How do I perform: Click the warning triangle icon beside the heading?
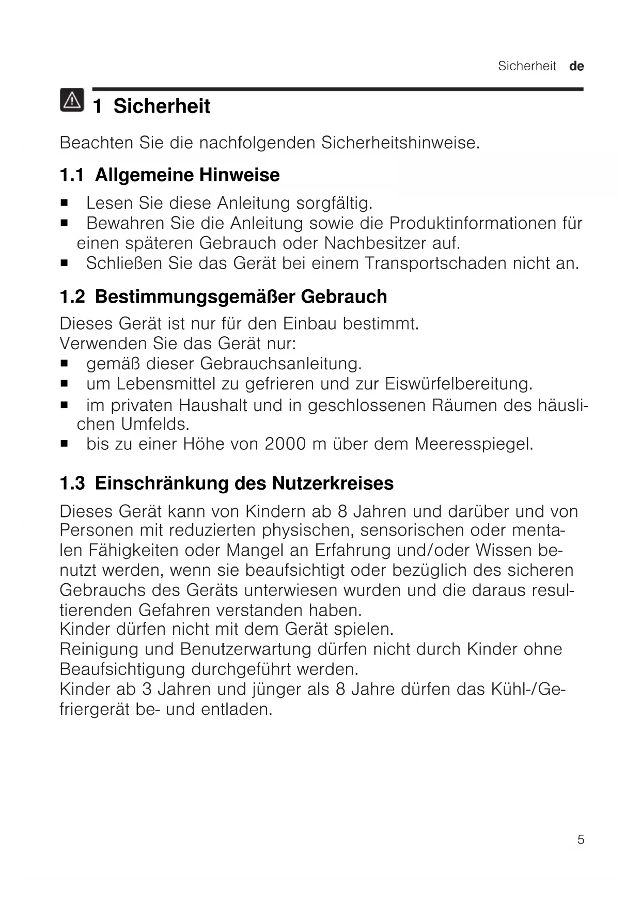point(72,100)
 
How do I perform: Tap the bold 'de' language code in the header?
point(576,66)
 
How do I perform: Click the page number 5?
point(581,839)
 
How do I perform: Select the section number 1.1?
point(72,175)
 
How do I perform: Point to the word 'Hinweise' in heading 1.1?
point(239,175)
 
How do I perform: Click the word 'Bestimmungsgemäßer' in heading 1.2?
point(195,296)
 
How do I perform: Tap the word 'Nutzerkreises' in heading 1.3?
point(333,483)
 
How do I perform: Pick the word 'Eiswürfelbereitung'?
point(458,384)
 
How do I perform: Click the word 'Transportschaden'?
point(435,263)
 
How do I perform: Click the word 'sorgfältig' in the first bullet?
point(334,203)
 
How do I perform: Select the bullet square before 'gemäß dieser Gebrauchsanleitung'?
point(64,364)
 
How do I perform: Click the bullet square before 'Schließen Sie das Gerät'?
point(64,263)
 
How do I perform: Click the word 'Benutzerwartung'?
point(246,649)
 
